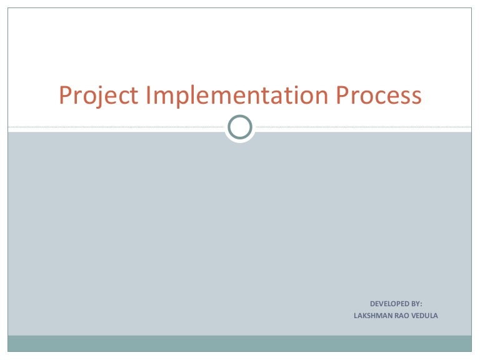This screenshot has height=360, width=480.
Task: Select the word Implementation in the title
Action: click(236, 96)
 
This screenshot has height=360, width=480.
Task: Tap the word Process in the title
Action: click(379, 96)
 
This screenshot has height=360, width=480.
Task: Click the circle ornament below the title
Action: click(240, 127)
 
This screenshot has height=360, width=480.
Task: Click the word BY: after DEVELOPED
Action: click(416, 303)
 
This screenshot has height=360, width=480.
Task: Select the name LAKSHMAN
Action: click(373, 316)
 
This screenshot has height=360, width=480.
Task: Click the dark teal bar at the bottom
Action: click(240, 343)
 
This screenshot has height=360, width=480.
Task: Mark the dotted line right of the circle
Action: click(362, 127)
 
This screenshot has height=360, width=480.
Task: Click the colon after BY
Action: click(421, 304)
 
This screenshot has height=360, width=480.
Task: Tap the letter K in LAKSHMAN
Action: click(364, 316)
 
